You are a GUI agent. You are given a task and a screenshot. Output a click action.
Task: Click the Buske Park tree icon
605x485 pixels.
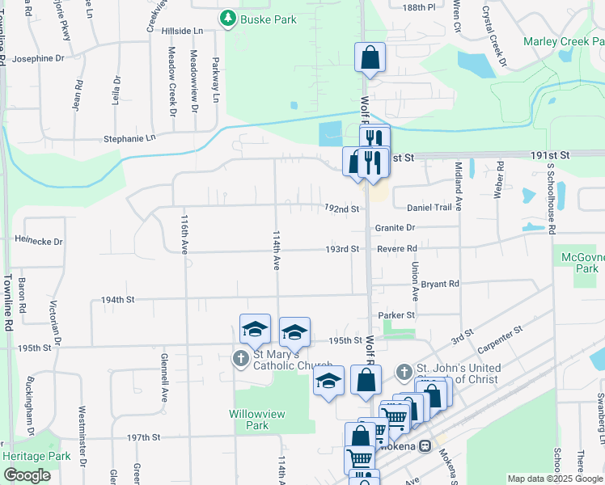[x=228, y=18]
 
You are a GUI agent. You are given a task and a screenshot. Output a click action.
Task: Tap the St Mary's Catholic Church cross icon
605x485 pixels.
[x=240, y=358]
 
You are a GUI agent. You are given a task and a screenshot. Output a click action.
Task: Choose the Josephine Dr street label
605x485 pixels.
[x=38, y=58]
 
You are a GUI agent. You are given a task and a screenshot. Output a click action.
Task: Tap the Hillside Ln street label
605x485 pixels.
[x=182, y=31]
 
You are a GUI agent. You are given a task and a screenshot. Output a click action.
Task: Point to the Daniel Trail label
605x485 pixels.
[x=429, y=208]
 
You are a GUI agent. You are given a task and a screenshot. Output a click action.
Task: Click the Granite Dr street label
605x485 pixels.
[x=395, y=228]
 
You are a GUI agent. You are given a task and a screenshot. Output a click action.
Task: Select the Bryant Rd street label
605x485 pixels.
[x=440, y=284]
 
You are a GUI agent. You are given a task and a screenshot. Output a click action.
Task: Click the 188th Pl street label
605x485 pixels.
[x=418, y=6]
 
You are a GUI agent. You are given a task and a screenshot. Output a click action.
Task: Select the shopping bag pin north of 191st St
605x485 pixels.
[x=370, y=58]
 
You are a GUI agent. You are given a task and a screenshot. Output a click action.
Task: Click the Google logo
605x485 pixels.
[x=27, y=475]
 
